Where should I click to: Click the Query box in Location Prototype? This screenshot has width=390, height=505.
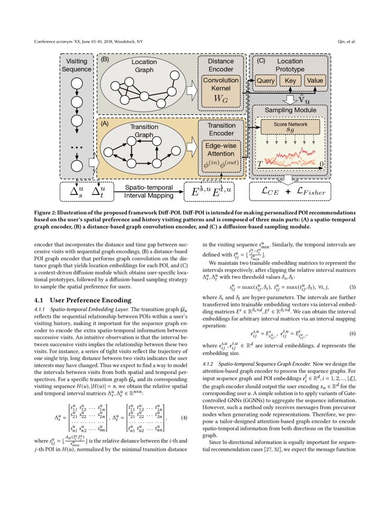(265, 80)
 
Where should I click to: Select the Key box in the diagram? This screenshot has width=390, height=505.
(290, 80)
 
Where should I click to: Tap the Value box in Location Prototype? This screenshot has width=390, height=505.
(315, 80)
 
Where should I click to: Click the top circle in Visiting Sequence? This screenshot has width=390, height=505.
(77, 83)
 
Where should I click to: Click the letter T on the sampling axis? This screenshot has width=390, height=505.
(260, 164)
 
